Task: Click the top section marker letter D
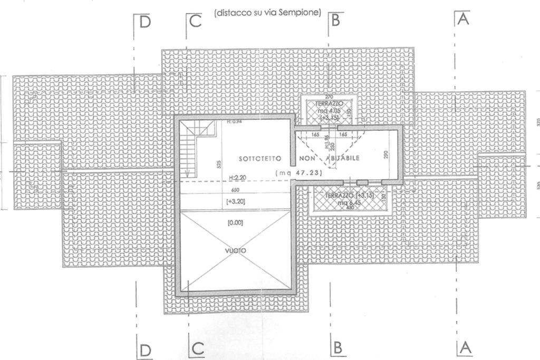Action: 145,22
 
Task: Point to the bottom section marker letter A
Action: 465,347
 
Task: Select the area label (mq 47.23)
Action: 298,172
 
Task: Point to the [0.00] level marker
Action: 235,223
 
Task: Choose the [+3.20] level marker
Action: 235,201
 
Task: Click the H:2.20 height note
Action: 238,178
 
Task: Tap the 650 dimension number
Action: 235,190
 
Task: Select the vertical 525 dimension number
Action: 219,164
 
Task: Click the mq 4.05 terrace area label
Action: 329,111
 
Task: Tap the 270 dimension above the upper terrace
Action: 329,97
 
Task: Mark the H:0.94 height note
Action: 234,122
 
